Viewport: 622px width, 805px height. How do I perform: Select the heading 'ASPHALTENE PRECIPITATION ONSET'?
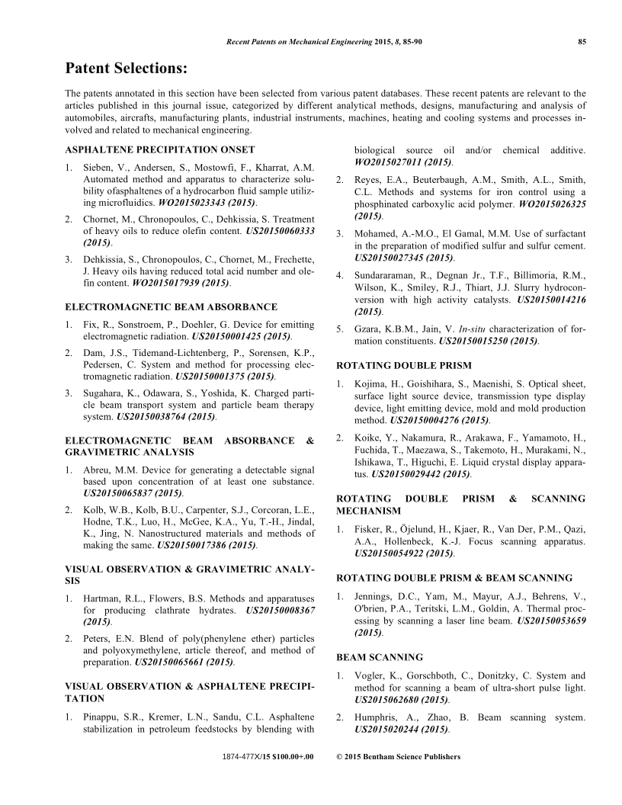point(160,149)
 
